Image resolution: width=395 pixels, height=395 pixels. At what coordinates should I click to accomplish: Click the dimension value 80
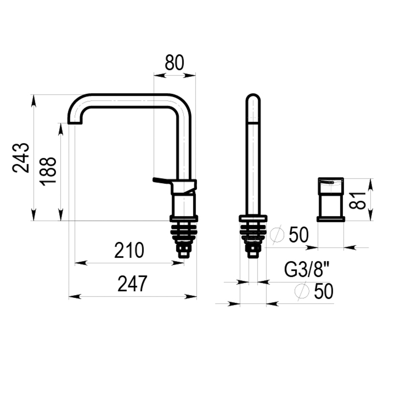point(174,63)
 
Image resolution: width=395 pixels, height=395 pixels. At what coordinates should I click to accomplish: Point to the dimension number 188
point(48,171)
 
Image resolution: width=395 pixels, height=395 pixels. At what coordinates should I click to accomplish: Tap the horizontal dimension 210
point(129,250)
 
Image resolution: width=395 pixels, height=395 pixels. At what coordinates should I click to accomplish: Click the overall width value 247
point(132,284)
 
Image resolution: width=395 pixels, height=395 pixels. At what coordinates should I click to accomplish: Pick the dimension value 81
point(357,201)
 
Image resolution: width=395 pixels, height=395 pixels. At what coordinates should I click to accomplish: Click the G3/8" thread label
point(307,270)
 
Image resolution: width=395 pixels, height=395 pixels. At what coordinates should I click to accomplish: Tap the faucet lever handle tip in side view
point(154,180)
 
